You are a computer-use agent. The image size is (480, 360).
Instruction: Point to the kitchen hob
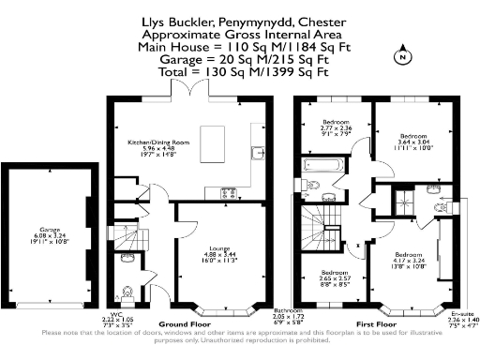click(229, 192)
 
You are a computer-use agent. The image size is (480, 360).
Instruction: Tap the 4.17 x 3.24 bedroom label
click(409, 262)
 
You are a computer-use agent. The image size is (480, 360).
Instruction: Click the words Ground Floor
click(181, 322)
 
